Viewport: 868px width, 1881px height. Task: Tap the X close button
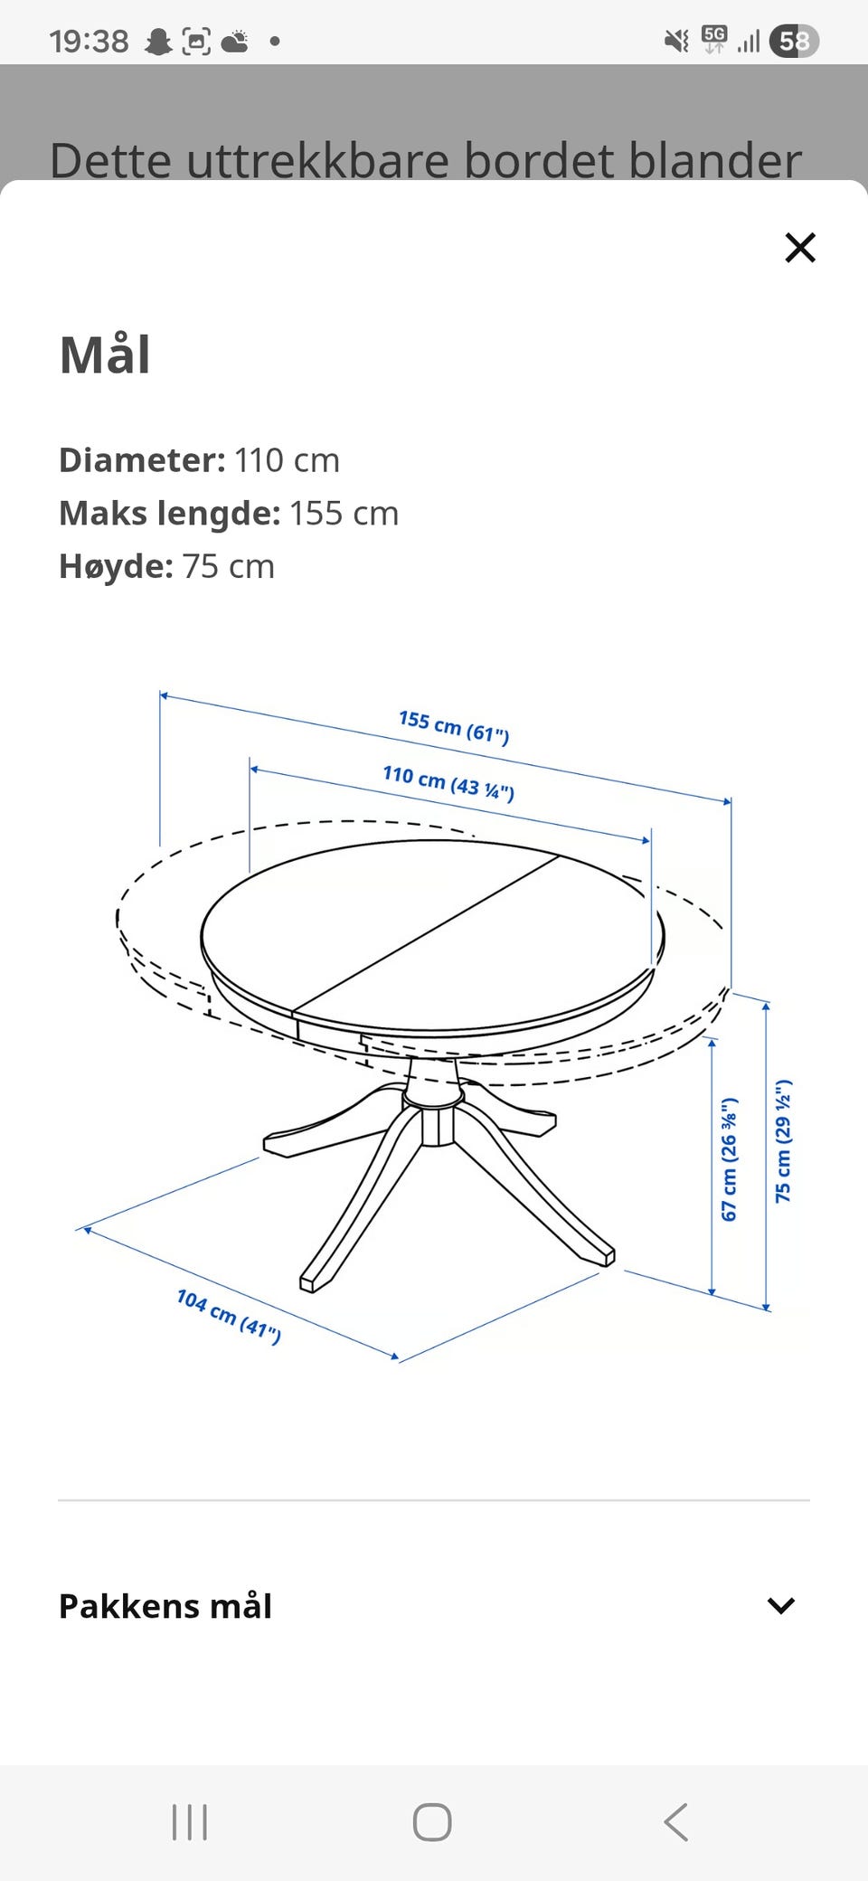pyautogui.click(x=800, y=247)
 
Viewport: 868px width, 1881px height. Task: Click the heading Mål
pyautogui.click(x=105, y=354)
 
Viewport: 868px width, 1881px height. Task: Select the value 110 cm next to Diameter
pyautogui.click(x=288, y=460)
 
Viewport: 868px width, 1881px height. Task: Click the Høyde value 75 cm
pyautogui.click(x=229, y=566)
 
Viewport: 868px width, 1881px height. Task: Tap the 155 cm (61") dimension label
pyautogui.click(x=454, y=727)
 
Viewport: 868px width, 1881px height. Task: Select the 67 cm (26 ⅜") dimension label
pyautogui.click(x=730, y=1159)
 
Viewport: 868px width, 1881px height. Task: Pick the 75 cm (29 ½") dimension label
pyautogui.click(x=783, y=1141)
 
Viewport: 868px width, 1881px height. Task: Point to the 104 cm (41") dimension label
pyautogui.click(x=229, y=1317)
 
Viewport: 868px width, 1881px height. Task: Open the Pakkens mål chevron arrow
pyautogui.click(x=780, y=1605)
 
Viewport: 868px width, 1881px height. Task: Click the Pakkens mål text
pyautogui.click(x=165, y=1606)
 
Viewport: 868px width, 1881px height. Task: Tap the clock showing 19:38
pyautogui.click(x=89, y=42)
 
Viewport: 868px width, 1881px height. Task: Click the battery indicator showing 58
pyautogui.click(x=794, y=42)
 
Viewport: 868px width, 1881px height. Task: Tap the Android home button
pyautogui.click(x=432, y=1822)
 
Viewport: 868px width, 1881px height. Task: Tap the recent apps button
pyautogui.click(x=190, y=1822)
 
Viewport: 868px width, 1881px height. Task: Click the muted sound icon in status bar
pyautogui.click(x=676, y=41)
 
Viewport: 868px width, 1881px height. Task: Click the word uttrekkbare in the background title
pyautogui.click(x=317, y=161)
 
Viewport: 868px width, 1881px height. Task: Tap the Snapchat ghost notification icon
pyautogui.click(x=159, y=42)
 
